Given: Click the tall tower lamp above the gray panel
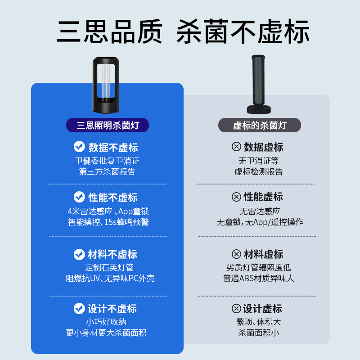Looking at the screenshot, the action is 259,81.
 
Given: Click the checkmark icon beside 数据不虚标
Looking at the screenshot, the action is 79,147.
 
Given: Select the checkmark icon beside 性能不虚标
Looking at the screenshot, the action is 79,197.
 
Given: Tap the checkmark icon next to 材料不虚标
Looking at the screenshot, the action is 79,254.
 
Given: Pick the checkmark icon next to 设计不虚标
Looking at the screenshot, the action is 79,309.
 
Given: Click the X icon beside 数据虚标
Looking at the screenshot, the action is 236,147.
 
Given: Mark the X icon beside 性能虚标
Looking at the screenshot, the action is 236,197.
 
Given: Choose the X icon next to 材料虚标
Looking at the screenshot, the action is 236,254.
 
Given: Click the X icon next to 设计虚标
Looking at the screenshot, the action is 236,309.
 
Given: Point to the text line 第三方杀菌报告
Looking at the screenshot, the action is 107,171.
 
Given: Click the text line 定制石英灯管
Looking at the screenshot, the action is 107,267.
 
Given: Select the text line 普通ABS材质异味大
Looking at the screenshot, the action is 259,278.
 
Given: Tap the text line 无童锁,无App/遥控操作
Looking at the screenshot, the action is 260,222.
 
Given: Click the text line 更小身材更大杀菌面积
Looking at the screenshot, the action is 107,333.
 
